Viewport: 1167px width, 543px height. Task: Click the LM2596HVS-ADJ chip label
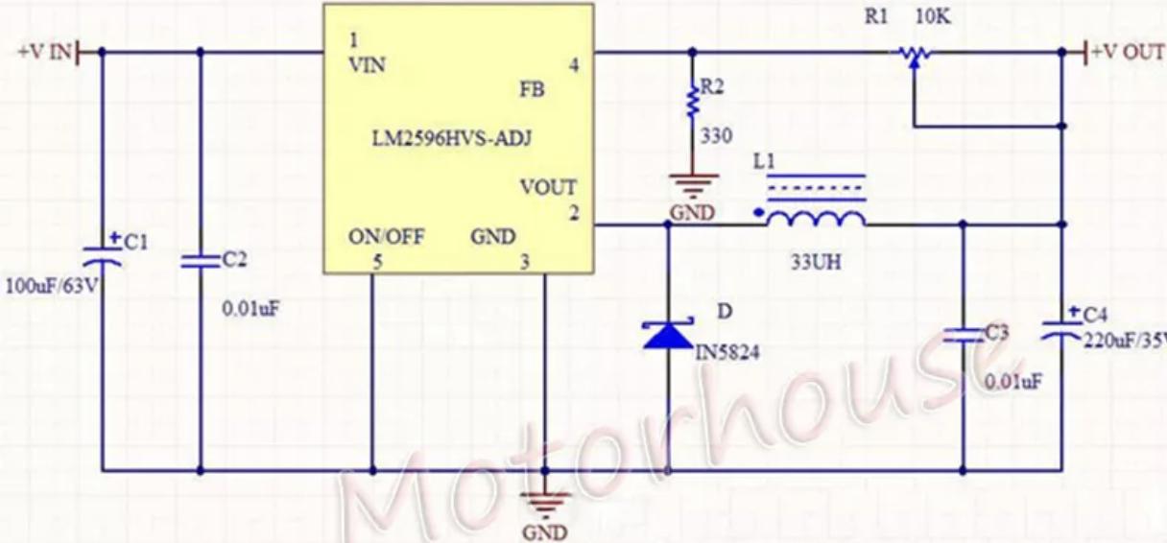pos(451,138)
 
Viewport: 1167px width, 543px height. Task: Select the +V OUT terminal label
pos(1128,52)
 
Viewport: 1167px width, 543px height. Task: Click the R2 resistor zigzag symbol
pos(691,100)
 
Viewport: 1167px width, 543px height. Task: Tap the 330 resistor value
pos(715,136)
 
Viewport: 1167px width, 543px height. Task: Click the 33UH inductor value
pos(816,261)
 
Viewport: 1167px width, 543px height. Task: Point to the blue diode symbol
pos(669,336)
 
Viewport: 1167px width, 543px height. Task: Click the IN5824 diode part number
pos(726,353)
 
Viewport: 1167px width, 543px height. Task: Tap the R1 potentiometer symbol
pos(913,56)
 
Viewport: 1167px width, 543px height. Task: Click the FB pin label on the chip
pos(531,90)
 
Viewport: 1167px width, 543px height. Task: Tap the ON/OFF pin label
pos(387,237)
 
